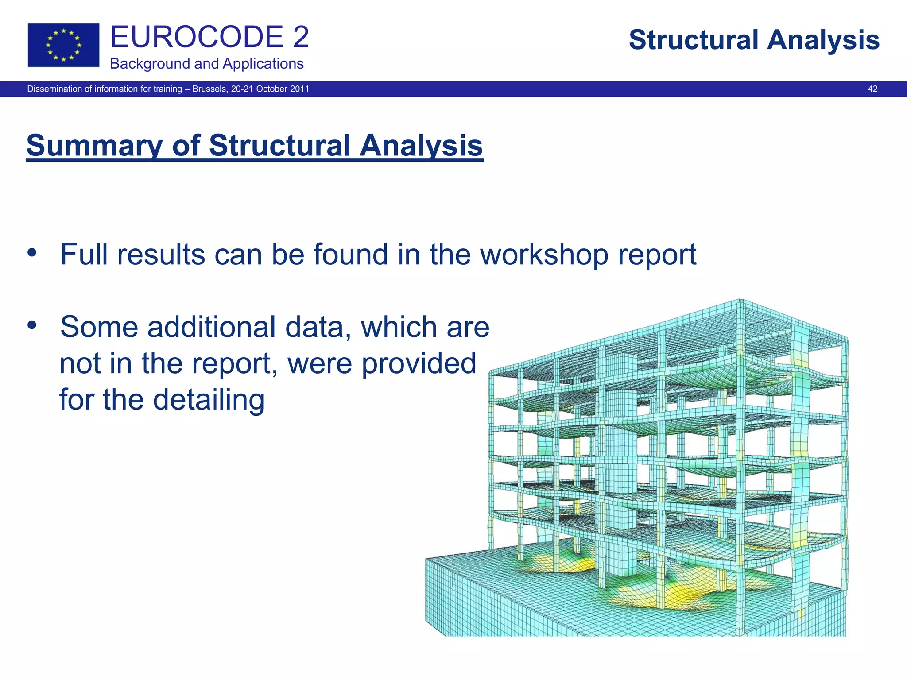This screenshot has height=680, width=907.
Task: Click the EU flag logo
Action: tap(63, 45)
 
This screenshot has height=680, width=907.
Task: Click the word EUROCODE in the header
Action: tap(197, 37)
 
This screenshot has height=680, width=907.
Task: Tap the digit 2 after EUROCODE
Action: tap(301, 37)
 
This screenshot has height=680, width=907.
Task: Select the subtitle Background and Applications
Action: tap(206, 64)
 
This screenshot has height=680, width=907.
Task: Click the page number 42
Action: tap(872, 89)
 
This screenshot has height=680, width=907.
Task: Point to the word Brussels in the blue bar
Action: tap(210, 89)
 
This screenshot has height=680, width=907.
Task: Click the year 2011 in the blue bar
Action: tap(300, 89)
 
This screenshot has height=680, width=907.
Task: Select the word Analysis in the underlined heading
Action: tap(421, 146)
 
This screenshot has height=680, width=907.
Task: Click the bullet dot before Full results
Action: tap(32, 253)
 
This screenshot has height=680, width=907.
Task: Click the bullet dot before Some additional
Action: tap(32, 325)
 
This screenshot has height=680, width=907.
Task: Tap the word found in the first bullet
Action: tap(351, 255)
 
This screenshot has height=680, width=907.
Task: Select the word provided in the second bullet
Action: tap(419, 363)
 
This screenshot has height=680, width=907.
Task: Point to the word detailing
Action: tap(209, 400)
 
